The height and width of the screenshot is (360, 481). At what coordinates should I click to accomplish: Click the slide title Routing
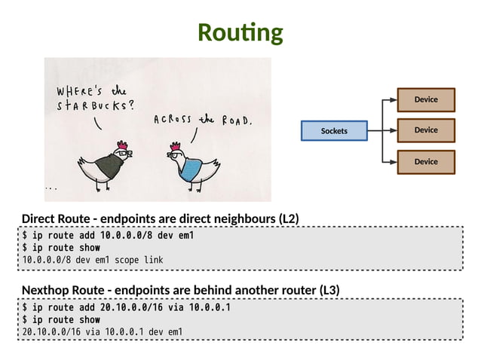pyautogui.click(x=240, y=32)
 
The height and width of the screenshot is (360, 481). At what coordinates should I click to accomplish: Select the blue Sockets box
pyautogui.click(x=334, y=131)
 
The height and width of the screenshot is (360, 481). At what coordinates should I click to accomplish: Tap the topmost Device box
pyautogui.click(x=426, y=99)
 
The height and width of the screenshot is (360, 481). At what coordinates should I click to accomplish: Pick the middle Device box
pyautogui.click(x=426, y=130)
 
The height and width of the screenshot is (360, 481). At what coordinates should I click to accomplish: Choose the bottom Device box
pyautogui.click(x=426, y=161)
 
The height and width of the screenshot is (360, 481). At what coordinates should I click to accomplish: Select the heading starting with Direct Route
pyautogui.click(x=161, y=219)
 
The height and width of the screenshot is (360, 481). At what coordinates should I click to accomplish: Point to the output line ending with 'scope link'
pyautogui.click(x=92, y=260)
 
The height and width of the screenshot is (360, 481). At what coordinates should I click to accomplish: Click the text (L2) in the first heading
pyautogui.click(x=289, y=219)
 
